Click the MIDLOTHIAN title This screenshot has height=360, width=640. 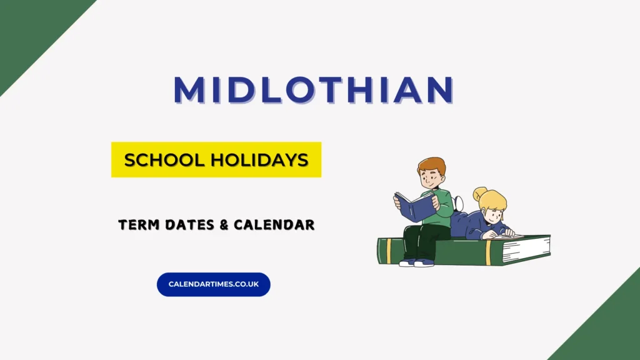coord(314,89)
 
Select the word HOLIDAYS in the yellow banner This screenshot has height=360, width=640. coord(259,159)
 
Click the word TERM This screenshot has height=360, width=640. coord(138,224)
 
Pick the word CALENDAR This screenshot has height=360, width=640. coord(274,224)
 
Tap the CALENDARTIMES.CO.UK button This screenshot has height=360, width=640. coord(214,284)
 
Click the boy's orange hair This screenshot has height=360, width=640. coord(432,164)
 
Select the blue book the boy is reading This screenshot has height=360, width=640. coord(415,207)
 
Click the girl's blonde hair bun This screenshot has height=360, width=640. coord(479,194)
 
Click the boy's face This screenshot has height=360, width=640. coord(430,178)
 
